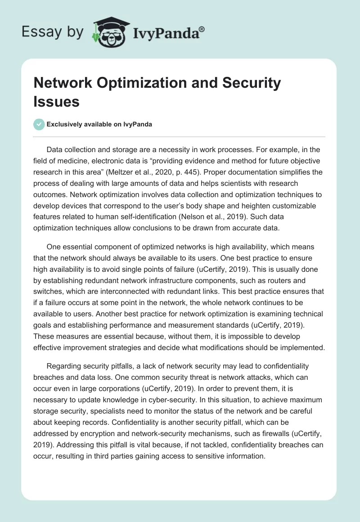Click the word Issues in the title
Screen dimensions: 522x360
(56, 102)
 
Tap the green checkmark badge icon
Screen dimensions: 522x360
(39, 124)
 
